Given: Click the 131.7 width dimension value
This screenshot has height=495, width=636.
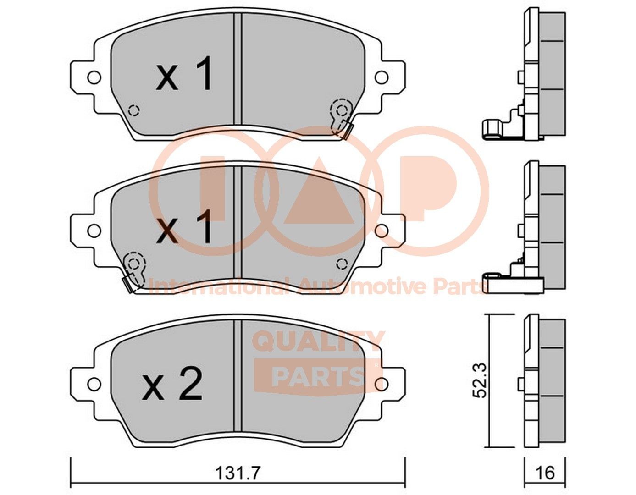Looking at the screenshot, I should click(238, 473).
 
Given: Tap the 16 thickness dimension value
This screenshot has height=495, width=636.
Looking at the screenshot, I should click(545, 473).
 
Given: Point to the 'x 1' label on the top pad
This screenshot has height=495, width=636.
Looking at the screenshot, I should click(185, 75).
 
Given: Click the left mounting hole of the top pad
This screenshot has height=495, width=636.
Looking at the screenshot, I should click(94, 77).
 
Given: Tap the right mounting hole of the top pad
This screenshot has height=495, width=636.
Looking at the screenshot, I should click(382, 77).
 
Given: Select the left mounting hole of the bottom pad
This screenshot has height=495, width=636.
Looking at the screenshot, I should click(94, 384).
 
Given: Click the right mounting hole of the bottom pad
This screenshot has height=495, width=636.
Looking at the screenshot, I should click(382, 384).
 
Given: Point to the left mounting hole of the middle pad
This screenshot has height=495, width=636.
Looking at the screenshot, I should click(94, 231).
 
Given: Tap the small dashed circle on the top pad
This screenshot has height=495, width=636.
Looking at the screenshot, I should click(134, 110).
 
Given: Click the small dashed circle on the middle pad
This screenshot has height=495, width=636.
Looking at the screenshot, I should click(342, 264).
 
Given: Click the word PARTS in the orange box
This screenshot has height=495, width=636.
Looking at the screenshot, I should click(318, 376).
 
